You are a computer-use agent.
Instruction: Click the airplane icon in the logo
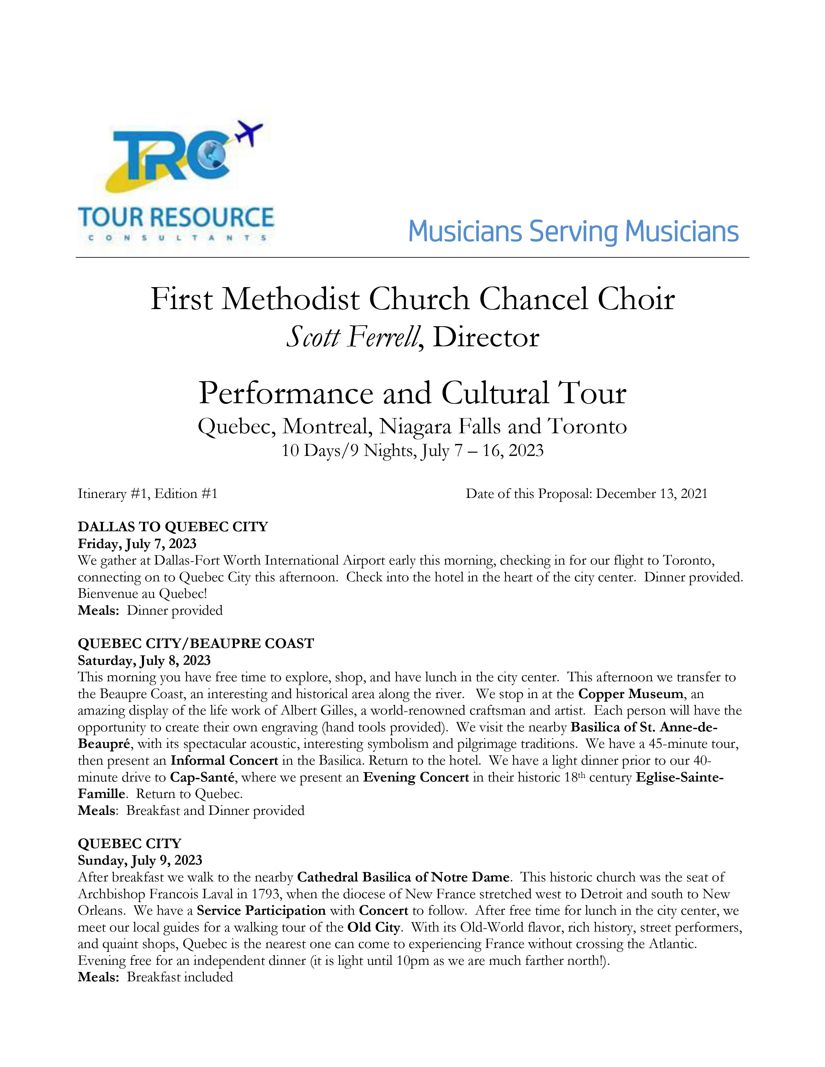pos(250,132)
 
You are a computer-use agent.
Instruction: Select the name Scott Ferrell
pos(352,337)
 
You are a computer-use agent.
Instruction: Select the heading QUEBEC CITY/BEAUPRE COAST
pos(195,643)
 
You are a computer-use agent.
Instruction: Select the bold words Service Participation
pos(261,910)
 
